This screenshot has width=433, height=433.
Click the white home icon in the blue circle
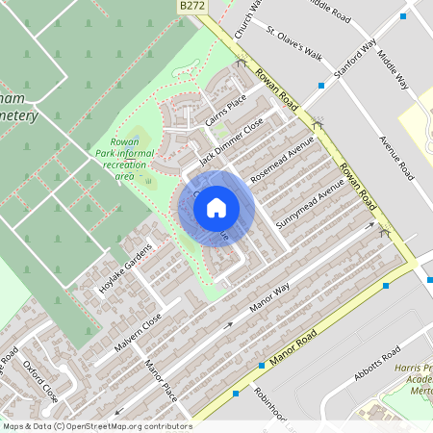point(216,207)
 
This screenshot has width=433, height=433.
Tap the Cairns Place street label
point(227,112)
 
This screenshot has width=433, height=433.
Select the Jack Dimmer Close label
point(231,141)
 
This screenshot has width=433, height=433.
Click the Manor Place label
point(161,381)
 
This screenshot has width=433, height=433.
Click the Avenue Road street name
point(395,159)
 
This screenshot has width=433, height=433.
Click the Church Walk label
point(255,17)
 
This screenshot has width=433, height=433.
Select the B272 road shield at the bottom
point(372,413)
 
